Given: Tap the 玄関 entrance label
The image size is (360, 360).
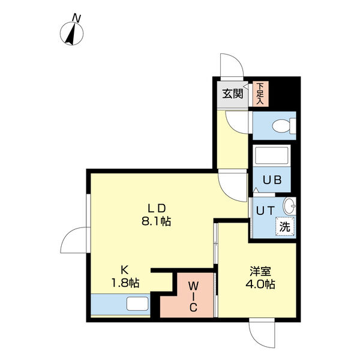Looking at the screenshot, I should [x=232, y=93].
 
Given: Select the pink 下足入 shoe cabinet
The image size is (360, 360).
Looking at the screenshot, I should [x=260, y=94].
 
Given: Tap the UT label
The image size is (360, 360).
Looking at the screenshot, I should [x=265, y=211].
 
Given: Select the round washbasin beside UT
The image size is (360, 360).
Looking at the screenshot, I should [x=289, y=206].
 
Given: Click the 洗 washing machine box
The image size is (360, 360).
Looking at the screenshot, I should [x=286, y=227].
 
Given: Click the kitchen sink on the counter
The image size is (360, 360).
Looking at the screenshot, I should [x=137, y=305].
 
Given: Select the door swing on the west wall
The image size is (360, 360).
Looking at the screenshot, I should [x=74, y=242].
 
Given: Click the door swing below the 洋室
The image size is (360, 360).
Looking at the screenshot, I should [x=263, y=335].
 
